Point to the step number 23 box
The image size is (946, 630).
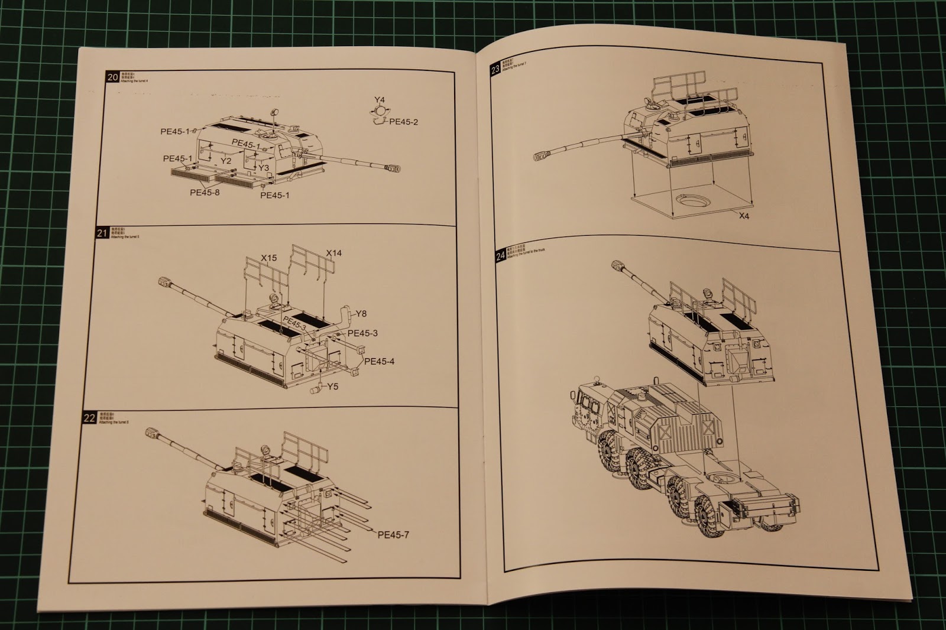coord(495,71)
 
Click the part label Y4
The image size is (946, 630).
coord(380,99)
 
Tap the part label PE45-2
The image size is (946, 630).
coord(403,122)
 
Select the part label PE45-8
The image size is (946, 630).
coord(205,192)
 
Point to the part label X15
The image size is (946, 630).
coord(269,258)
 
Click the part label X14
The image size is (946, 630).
coord(334,253)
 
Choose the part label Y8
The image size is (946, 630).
coord(361,314)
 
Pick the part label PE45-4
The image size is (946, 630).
coord(379,361)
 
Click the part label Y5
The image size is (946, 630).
coord(332,387)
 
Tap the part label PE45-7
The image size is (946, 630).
coord(393,535)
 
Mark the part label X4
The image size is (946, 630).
coord(744,216)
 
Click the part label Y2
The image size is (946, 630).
coord(225,161)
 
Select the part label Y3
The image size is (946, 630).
coord(264,168)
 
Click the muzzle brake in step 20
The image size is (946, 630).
coord(393,170)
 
